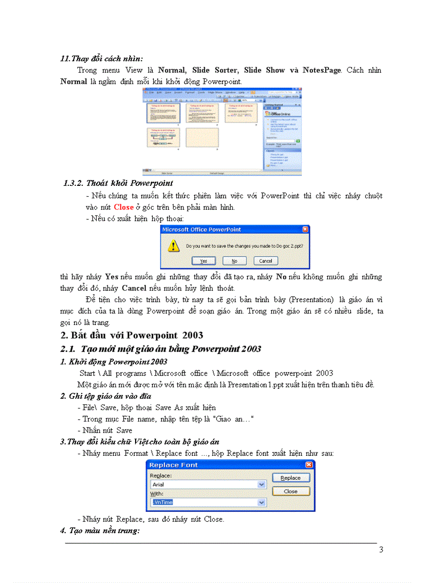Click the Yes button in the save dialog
[204, 261]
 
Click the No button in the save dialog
[234, 261]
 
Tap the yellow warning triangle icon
[174, 246]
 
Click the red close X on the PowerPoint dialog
[304, 229]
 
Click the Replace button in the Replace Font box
[290, 478]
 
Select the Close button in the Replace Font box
[290, 491]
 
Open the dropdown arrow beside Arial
[261, 484]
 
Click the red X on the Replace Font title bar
[309, 465]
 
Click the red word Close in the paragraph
[124, 207]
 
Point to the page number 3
[381, 550]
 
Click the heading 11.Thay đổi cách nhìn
[102, 59]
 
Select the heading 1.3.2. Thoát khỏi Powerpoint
[118, 183]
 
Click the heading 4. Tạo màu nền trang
[100, 531]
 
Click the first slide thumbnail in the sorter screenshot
[162, 113]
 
